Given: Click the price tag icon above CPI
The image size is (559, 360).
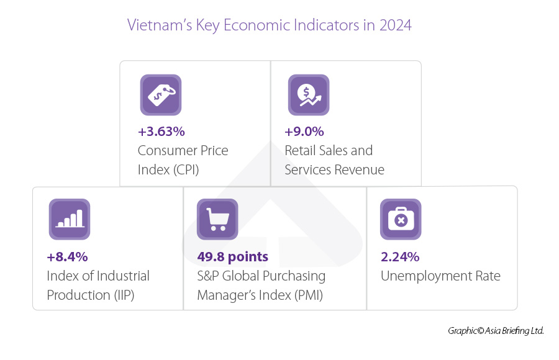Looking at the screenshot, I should point(160,95).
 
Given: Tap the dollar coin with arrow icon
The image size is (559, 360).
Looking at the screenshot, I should point(308,95).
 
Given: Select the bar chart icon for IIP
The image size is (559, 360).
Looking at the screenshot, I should point(70,219).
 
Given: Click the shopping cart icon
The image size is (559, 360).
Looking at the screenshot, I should point(217,219).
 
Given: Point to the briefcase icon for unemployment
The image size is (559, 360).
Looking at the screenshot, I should point(401,219).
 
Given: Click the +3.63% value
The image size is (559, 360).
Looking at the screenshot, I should point(161,132).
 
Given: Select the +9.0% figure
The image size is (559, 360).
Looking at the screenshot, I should point(304,132).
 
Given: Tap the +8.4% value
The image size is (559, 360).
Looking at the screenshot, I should point(67,256).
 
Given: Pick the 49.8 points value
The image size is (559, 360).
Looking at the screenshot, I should point(233,256).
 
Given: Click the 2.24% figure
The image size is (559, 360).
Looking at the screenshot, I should point(400,256).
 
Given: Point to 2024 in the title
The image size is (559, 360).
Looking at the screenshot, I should point(395,25).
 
